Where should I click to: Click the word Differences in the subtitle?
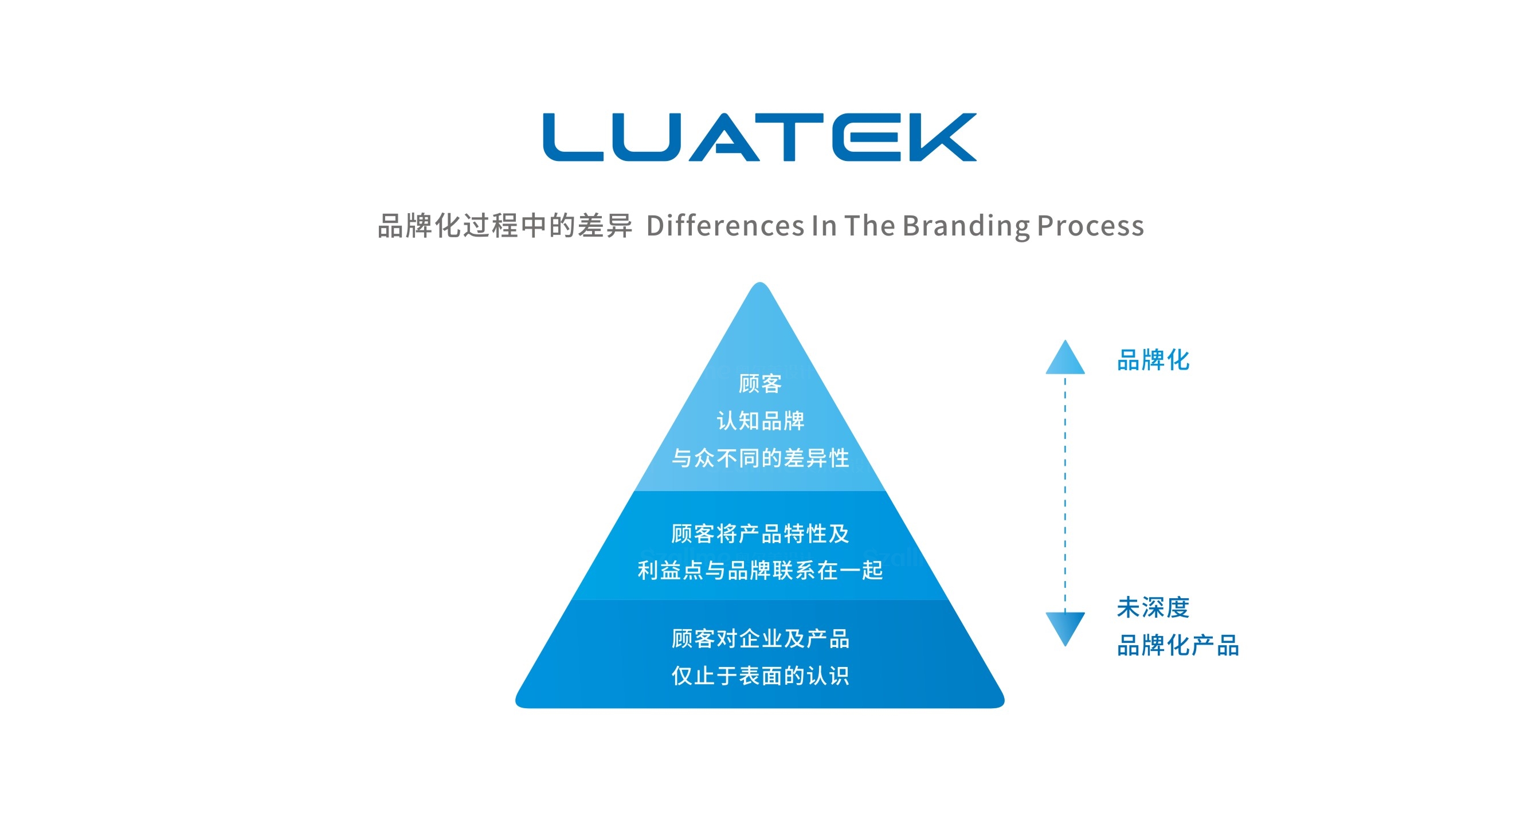(x=724, y=225)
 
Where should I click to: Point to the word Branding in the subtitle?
(x=965, y=225)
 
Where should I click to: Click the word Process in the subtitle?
(x=1091, y=225)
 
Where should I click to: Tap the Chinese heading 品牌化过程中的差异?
(x=504, y=225)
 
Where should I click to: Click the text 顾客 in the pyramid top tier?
(x=760, y=383)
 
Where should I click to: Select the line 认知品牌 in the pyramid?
(x=760, y=421)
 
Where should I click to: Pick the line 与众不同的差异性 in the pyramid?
(x=760, y=458)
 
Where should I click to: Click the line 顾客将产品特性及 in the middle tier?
(x=760, y=533)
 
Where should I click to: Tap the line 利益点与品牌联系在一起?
(x=760, y=571)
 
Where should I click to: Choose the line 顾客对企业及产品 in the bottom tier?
(x=760, y=638)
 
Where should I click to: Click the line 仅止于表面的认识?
(x=760, y=676)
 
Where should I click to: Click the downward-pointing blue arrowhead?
(x=1065, y=627)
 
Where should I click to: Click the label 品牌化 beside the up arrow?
(x=1153, y=360)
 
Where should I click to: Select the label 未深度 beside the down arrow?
(x=1153, y=608)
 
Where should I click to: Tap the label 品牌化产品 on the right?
(x=1178, y=646)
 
